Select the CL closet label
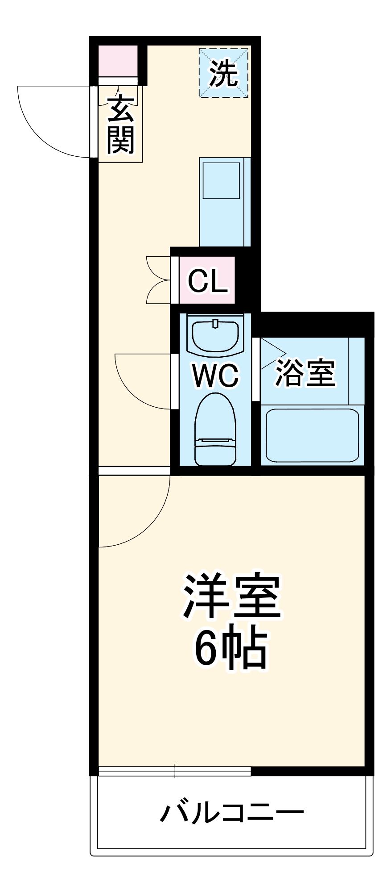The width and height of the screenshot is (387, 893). [207, 281]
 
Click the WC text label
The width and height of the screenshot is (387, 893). [216, 375]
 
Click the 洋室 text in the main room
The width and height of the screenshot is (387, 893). [231, 596]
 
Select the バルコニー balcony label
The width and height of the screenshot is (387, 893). [232, 813]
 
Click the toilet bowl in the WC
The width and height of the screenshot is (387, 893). [215, 429]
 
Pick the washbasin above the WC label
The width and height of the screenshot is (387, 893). [216, 335]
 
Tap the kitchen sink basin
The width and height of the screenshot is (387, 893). [221, 179]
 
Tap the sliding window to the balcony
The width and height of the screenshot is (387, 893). [175, 771]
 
